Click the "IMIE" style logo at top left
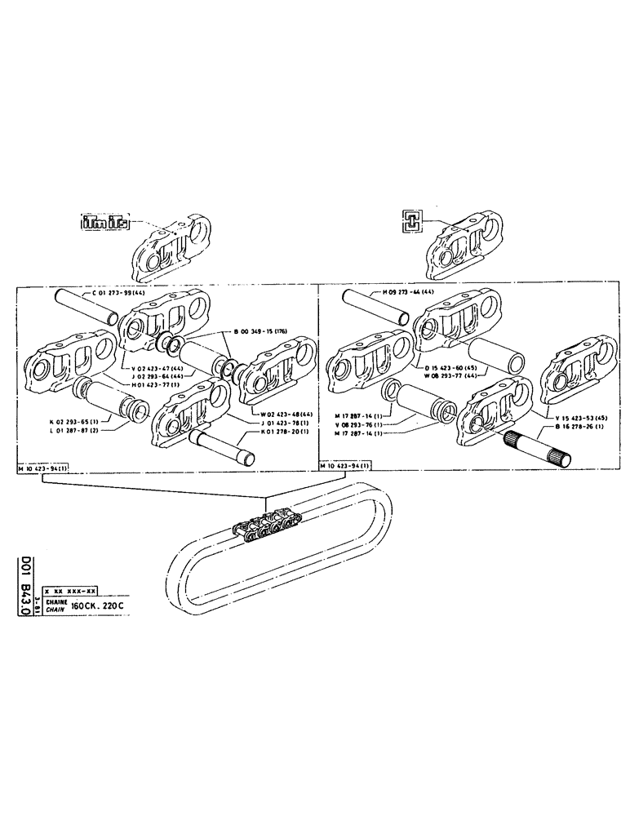104,222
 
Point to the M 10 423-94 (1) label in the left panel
42,470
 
